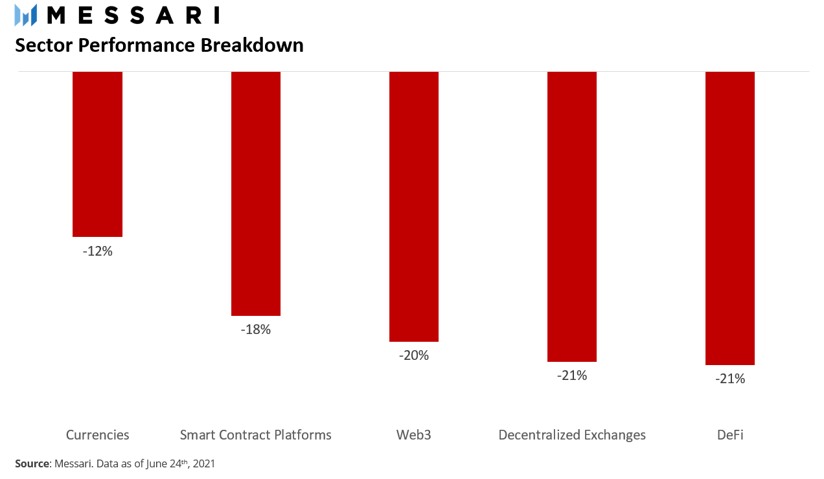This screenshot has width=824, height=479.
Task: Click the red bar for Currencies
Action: pos(97,154)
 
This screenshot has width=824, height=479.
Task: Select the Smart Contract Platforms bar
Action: pos(256,194)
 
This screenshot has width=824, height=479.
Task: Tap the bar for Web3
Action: pos(414,206)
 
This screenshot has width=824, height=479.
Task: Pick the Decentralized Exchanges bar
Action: pos(572,217)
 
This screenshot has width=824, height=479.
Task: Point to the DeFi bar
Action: pos(730,218)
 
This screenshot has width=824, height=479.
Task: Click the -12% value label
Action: pos(97,251)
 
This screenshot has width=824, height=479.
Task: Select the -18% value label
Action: pos(256,329)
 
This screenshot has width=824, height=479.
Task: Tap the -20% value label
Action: pos(414,355)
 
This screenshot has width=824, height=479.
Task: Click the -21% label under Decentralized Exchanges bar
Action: pos(572,375)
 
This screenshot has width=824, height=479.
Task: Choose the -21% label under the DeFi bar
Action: pos(730,379)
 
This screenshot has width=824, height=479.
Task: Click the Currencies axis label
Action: pos(97,435)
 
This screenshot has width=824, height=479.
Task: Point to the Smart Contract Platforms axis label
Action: pos(256,435)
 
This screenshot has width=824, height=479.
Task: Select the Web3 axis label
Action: pos(414,435)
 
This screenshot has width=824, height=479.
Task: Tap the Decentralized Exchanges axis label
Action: pos(572,435)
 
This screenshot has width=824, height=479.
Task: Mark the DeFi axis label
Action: pos(730,435)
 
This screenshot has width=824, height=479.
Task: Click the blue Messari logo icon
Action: pos(26,15)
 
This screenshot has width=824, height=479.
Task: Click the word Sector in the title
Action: pos(44,45)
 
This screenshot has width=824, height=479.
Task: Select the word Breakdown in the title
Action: pos(252,45)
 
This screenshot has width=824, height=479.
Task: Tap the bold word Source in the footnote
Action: pos(32,463)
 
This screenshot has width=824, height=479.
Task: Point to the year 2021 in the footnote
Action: pos(204,463)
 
